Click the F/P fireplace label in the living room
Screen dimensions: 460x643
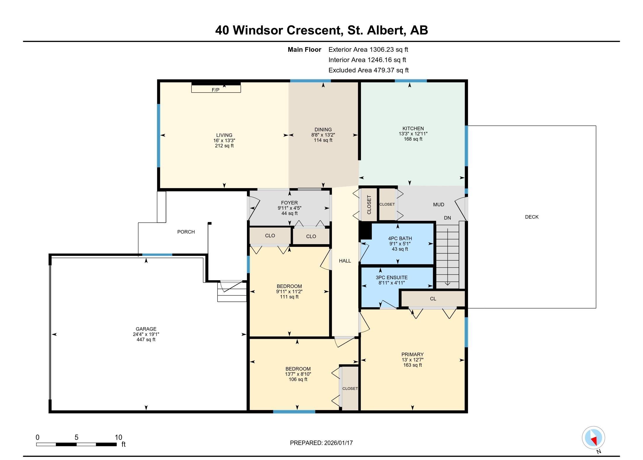click(x=215, y=90)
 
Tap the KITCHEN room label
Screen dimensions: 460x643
click(x=413, y=129)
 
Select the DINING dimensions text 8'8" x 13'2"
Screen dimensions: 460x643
click(x=323, y=135)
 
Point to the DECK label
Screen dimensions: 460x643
click(x=531, y=217)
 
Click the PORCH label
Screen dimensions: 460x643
click(x=186, y=232)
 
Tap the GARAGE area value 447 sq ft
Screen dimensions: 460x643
click(x=146, y=340)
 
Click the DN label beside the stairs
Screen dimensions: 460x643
click(x=447, y=218)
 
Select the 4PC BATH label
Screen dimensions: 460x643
click(x=400, y=239)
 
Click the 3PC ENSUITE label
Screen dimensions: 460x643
click(x=391, y=277)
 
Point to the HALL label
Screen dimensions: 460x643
click(x=345, y=261)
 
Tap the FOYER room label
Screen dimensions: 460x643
click(x=289, y=203)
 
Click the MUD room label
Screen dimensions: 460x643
click(x=438, y=205)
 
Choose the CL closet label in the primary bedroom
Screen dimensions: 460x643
click(x=433, y=299)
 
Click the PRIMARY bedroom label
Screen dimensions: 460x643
click(x=412, y=355)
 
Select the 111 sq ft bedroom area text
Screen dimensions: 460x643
click(x=289, y=297)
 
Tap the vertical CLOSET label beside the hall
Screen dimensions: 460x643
click(x=369, y=204)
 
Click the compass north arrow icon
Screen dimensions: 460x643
click(x=593, y=438)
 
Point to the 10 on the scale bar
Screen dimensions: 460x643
click(x=118, y=438)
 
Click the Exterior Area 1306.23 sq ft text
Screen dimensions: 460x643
click(x=368, y=50)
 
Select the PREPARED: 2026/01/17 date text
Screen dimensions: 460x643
click(x=321, y=443)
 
